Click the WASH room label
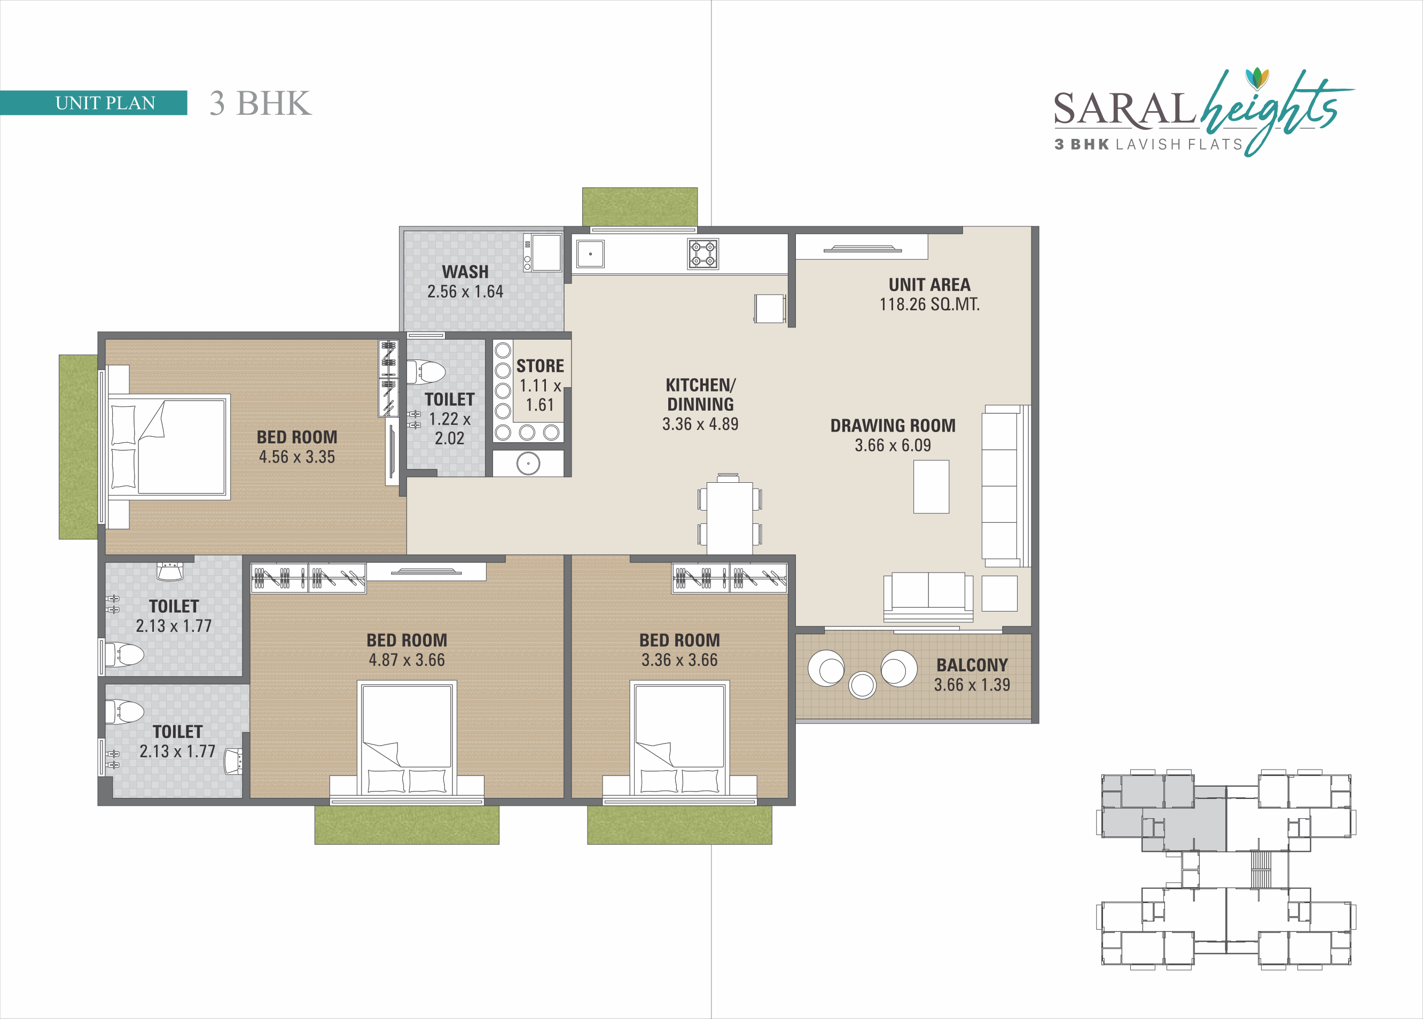465,272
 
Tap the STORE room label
540,366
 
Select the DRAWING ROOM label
893,426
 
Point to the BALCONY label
972,664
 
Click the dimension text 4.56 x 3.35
297,457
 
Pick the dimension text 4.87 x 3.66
406,660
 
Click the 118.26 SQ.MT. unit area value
929,304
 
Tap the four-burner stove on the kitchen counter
703,254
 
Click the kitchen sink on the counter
590,254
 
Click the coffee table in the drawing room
931,487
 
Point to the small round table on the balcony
862,685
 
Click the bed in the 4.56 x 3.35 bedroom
169,447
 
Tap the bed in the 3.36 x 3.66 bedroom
679,740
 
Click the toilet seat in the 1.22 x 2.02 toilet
427,372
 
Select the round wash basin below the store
528,464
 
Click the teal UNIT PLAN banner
93,103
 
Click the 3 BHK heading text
260,104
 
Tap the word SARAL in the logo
1124,108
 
